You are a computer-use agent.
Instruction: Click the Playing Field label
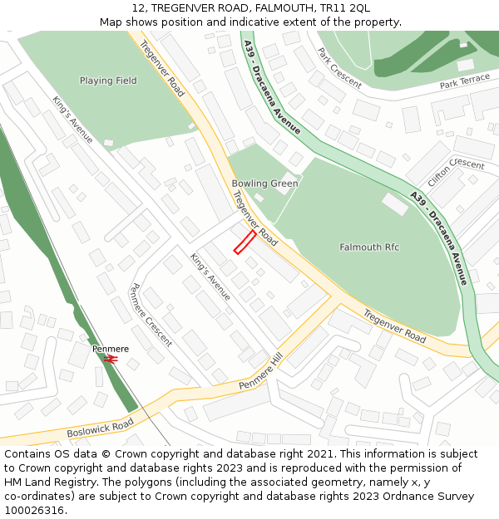pyautogui.click(x=108, y=81)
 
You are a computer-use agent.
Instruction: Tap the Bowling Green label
pyautogui.click(x=264, y=184)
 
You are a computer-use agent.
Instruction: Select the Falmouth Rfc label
pyautogui.click(x=370, y=247)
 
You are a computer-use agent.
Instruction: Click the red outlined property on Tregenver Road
pyautogui.click(x=245, y=242)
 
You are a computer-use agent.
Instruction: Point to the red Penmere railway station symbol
pyautogui.click(x=111, y=360)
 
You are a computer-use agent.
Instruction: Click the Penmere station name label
pyautogui.click(x=111, y=349)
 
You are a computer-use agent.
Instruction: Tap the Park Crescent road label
pyautogui.click(x=338, y=68)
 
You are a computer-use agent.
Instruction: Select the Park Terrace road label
pyautogui.click(x=465, y=82)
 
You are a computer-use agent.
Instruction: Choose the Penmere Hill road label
pyautogui.click(x=261, y=371)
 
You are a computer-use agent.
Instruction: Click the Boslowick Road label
pyautogui.click(x=100, y=428)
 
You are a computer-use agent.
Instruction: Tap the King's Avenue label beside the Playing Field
pyautogui.click(x=73, y=120)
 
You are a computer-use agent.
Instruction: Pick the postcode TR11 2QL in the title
pyautogui.click(x=347, y=8)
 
